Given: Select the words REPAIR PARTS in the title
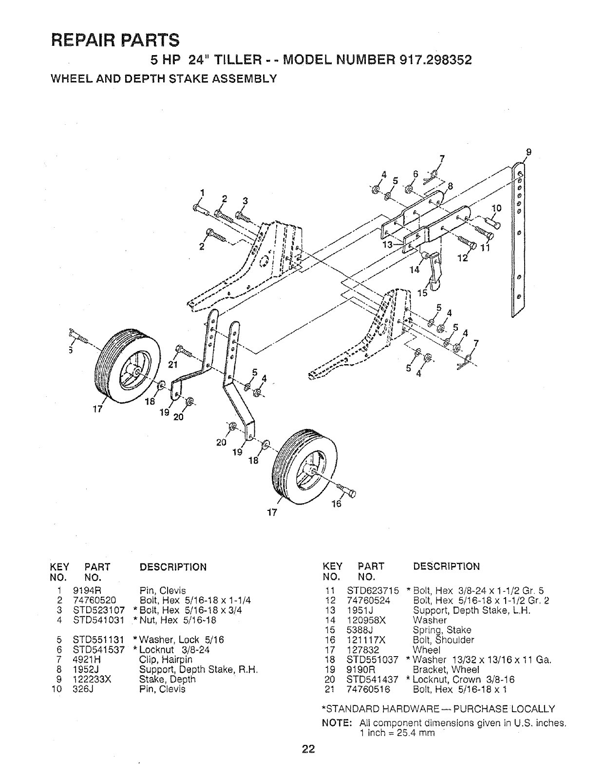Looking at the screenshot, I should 115,39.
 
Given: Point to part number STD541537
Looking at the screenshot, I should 99,650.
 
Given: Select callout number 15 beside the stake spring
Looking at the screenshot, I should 422,293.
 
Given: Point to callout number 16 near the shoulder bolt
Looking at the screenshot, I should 337,504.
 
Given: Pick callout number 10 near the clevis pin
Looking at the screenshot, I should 496,208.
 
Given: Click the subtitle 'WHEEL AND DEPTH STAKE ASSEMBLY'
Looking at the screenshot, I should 164,78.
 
